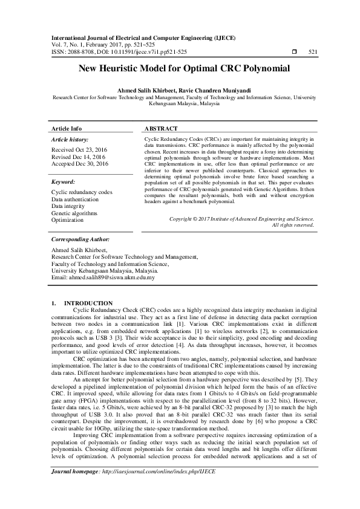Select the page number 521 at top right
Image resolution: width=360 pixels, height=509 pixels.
click(x=313, y=53)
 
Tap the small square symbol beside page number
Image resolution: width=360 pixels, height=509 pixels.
click(x=294, y=53)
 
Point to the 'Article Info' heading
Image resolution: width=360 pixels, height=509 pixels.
click(x=67, y=129)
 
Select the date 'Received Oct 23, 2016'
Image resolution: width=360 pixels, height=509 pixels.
click(x=79, y=149)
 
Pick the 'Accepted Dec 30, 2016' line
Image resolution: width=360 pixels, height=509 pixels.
click(x=80, y=164)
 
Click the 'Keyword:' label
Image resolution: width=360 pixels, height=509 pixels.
click(x=63, y=181)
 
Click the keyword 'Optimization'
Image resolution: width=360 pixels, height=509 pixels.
click(x=67, y=221)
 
